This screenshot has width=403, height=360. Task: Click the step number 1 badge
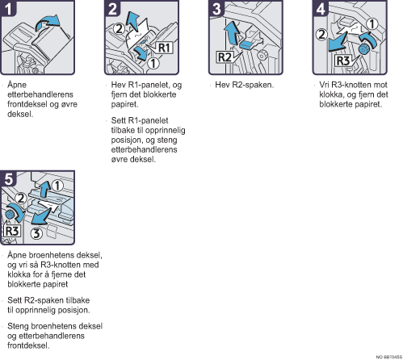8,8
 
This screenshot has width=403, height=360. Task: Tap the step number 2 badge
112,8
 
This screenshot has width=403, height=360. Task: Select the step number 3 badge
216,8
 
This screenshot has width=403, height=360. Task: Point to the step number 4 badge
321,8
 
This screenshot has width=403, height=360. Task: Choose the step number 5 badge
8,178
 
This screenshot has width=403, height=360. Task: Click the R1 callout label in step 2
164,48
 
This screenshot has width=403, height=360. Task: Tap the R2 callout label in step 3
225,57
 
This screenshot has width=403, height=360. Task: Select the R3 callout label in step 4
343,61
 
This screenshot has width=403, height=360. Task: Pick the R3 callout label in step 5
12,231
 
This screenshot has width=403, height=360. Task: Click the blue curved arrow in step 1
47,23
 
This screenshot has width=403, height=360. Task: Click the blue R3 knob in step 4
363,49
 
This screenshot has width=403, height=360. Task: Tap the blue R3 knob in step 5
10,214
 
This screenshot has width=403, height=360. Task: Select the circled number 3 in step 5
36,233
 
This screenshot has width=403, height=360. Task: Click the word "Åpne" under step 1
17,86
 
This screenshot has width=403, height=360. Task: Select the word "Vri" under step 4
324,85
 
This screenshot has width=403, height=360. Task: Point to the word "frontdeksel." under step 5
28,345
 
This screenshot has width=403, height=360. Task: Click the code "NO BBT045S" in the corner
389,357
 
